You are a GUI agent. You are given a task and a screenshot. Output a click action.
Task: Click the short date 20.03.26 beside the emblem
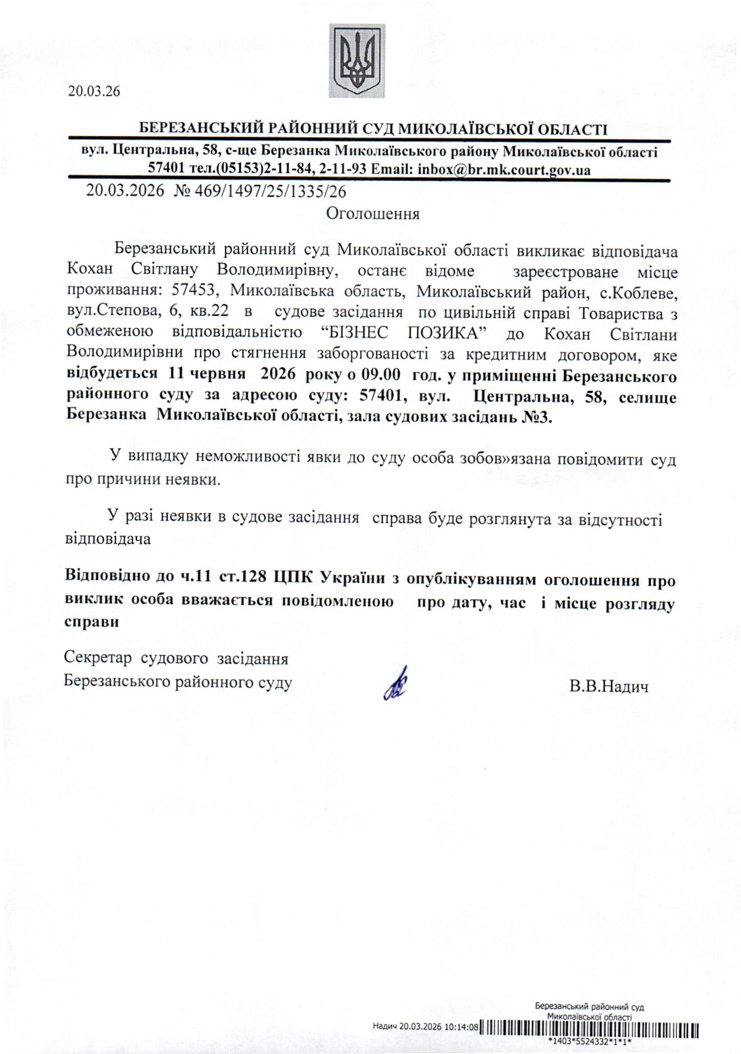pyautogui.click(x=94, y=91)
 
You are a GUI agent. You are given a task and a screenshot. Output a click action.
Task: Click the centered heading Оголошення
pyautogui.click(x=373, y=214)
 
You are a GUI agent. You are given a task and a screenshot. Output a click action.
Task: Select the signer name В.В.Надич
pyautogui.click(x=609, y=687)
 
